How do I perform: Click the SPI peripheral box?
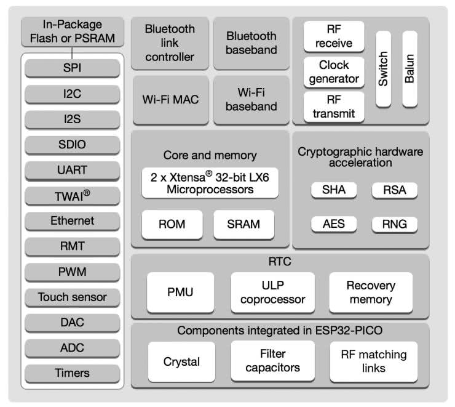tap(73, 68)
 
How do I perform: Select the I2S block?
tap(73, 118)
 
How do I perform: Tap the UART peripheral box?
tap(73, 169)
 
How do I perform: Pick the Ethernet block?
tap(73, 220)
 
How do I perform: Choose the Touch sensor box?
tap(73, 297)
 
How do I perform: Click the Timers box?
tap(73, 373)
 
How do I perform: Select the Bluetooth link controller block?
tap(170, 42)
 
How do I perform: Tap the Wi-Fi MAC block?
tap(170, 100)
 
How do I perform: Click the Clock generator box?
tap(334, 71)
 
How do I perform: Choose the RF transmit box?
tap(334, 106)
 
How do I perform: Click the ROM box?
tap(172, 224)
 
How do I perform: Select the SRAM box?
tap(244, 224)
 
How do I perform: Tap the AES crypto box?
tap(334, 224)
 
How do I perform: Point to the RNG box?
tap(394, 224)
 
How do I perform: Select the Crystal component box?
tap(181, 361)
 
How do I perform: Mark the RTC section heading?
tap(280, 262)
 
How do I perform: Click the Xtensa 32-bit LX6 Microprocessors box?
tap(210, 183)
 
